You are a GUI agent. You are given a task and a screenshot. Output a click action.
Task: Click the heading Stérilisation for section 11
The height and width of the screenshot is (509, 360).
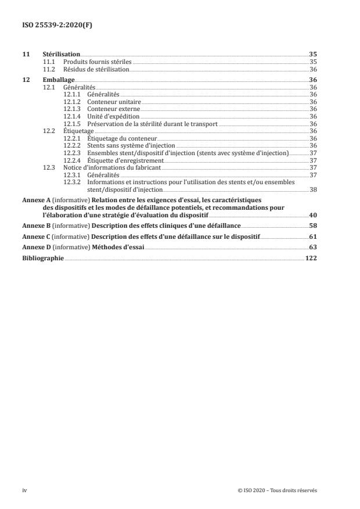pyautogui.click(x=62, y=53)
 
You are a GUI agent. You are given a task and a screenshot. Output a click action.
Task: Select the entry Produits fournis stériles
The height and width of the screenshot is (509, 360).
pyautogui.click(x=98, y=61)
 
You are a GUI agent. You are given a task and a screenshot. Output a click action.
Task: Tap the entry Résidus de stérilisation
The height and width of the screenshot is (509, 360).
pyautogui.click(x=96, y=69)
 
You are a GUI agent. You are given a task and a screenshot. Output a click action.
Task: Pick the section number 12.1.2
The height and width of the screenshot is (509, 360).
pyautogui.click(x=72, y=101)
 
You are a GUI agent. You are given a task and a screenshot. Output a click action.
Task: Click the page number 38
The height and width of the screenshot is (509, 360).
pyautogui.click(x=314, y=189)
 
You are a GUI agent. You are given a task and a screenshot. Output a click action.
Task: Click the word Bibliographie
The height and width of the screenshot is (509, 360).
pyautogui.click(x=43, y=257)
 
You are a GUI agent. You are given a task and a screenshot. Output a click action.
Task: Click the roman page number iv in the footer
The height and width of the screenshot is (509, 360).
pyautogui.click(x=24, y=490)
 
